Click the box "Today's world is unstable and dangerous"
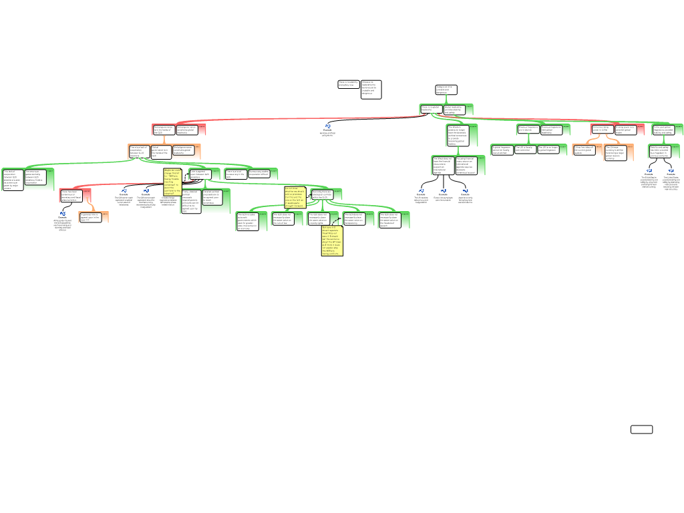pos(446,90)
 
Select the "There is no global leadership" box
pos(431,109)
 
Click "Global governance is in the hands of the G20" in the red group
pos(164,130)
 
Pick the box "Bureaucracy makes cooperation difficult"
pos(259,174)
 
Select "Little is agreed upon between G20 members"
pos(200,174)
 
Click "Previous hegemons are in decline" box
pos(528,129)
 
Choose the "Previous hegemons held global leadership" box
pos(551,129)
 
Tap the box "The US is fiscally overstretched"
pos(525,149)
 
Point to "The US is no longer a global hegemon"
pos(548,149)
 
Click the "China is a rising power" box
pos(602,129)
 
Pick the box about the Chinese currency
pos(615,153)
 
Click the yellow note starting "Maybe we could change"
pos(172,182)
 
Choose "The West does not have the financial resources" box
pos(443,165)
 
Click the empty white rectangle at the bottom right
pos(641,430)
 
